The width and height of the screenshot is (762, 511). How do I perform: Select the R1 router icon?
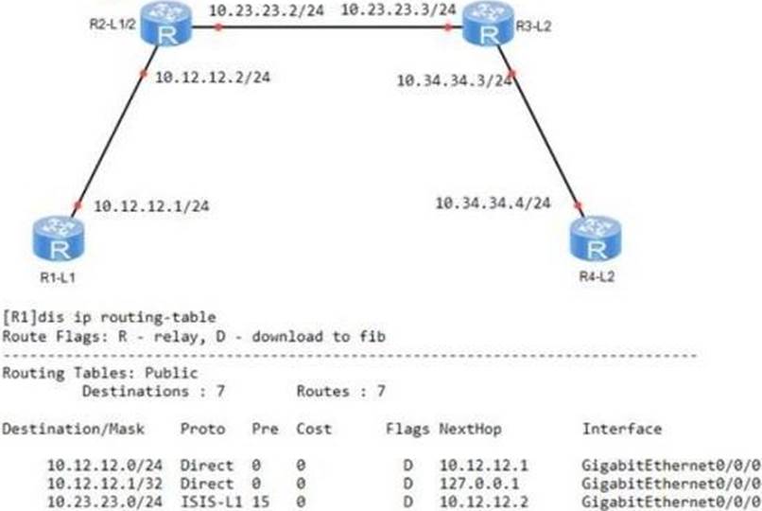pos(60,238)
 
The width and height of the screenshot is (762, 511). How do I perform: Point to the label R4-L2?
pos(597,277)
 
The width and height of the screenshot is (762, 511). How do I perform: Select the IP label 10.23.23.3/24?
pos(397,10)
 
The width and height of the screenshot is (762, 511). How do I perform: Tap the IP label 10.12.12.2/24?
pos(212,77)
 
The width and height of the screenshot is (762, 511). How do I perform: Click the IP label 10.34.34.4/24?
pos(493,203)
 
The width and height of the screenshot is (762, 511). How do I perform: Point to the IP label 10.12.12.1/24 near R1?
pos(152,205)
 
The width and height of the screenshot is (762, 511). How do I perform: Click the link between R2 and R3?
pos(331,27)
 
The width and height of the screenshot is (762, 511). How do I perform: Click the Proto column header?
pos(202,429)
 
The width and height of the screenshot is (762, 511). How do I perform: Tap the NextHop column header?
pos(470,429)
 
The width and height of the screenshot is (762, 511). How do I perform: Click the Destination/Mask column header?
pos(74,429)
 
